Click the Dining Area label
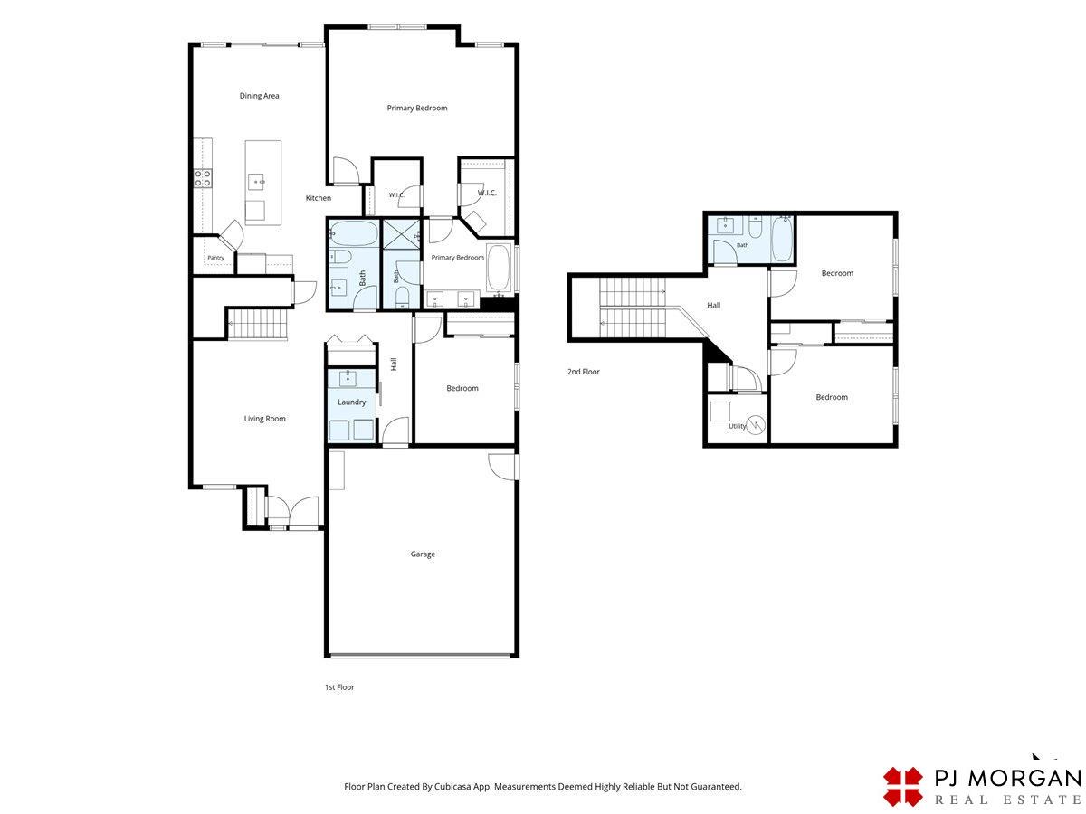[259, 96]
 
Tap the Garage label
[422, 554]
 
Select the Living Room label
[264, 419]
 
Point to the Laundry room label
[351, 402]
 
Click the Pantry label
[215, 258]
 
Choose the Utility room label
[737, 426]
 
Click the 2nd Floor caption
[584, 372]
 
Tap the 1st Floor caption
[339, 687]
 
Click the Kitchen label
[319, 198]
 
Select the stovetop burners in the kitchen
[203, 178]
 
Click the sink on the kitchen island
[256, 182]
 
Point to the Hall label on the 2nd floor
[713, 306]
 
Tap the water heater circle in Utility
[755, 424]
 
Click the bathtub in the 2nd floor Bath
[782, 239]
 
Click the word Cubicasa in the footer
[452, 786]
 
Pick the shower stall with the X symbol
[401, 235]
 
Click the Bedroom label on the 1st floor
[462, 389]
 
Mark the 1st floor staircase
[258, 324]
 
